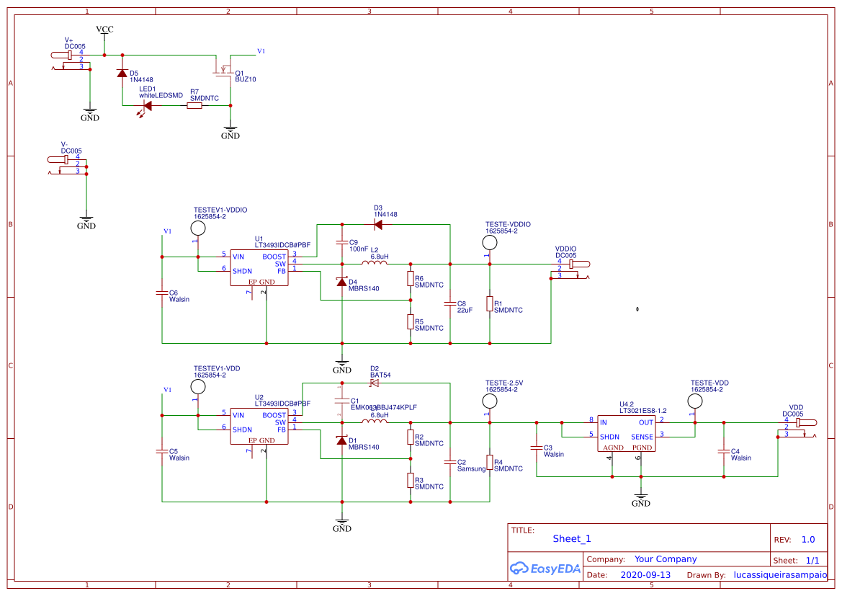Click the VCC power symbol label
(x=104, y=30)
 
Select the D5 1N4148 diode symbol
(x=122, y=74)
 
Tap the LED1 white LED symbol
(x=146, y=106)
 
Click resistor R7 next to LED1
(x=194, y=106)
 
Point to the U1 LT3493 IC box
(x=259, y=267)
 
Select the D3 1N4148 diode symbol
(x=377, y=224)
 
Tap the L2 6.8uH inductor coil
(x=375, y=263)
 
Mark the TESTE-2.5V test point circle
(x=490, y=401)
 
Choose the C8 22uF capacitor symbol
(x=450, y=303)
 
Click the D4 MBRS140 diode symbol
(x=342, y=282)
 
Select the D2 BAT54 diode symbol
(x=374, y=383)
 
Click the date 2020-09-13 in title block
(x=645, y=575)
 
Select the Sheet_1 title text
(x=572, y=538)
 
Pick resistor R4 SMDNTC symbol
(x=490, y=462)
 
